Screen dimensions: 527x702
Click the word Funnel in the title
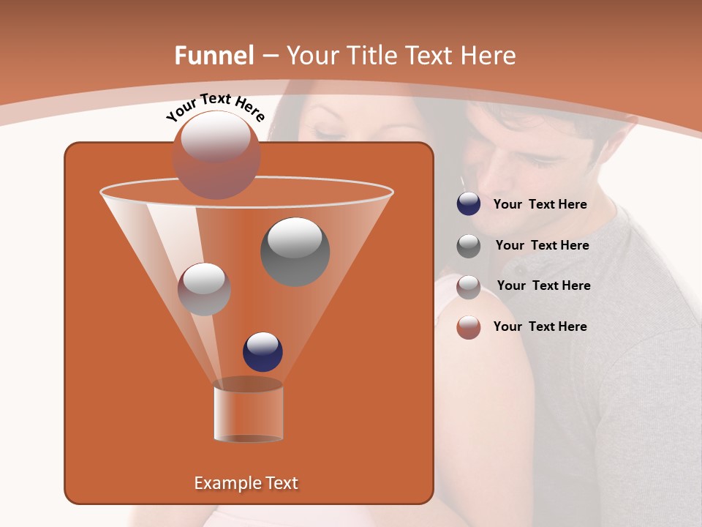[214, 56]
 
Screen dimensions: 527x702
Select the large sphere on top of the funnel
[216, 154]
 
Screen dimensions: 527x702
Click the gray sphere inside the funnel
[295, 251]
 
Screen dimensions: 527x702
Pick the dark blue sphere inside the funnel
[263, 351]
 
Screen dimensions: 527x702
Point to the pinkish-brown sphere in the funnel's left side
[204, 289]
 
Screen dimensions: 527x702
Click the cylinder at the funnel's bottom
[248, 413]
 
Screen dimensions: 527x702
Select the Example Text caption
[246, 483]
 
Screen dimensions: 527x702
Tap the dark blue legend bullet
[469, 204]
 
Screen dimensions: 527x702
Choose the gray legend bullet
[469, 246]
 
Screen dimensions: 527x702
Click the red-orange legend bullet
[469, 327]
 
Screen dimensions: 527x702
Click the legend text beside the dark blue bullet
[540, 205]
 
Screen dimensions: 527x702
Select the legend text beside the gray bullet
[542, 246]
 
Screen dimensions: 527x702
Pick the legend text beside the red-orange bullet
[540, 326]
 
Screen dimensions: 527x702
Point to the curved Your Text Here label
[216, 107]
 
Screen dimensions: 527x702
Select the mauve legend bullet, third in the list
[469, 287]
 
